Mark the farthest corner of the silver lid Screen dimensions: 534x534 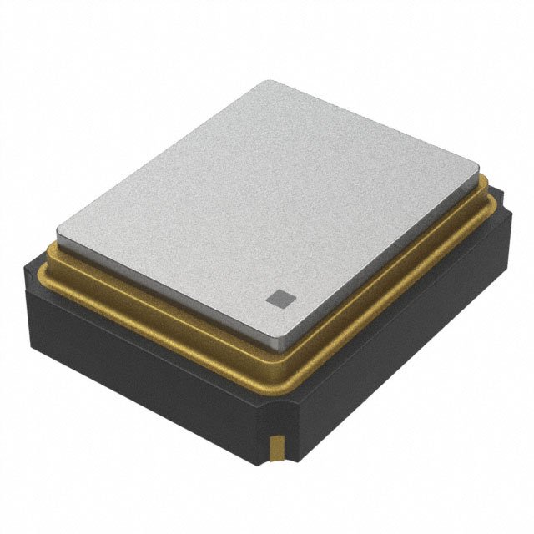[x=265, y=82]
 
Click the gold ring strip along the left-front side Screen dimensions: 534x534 [x=159, y=313]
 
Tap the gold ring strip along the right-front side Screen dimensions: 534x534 [x=392, y=288]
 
